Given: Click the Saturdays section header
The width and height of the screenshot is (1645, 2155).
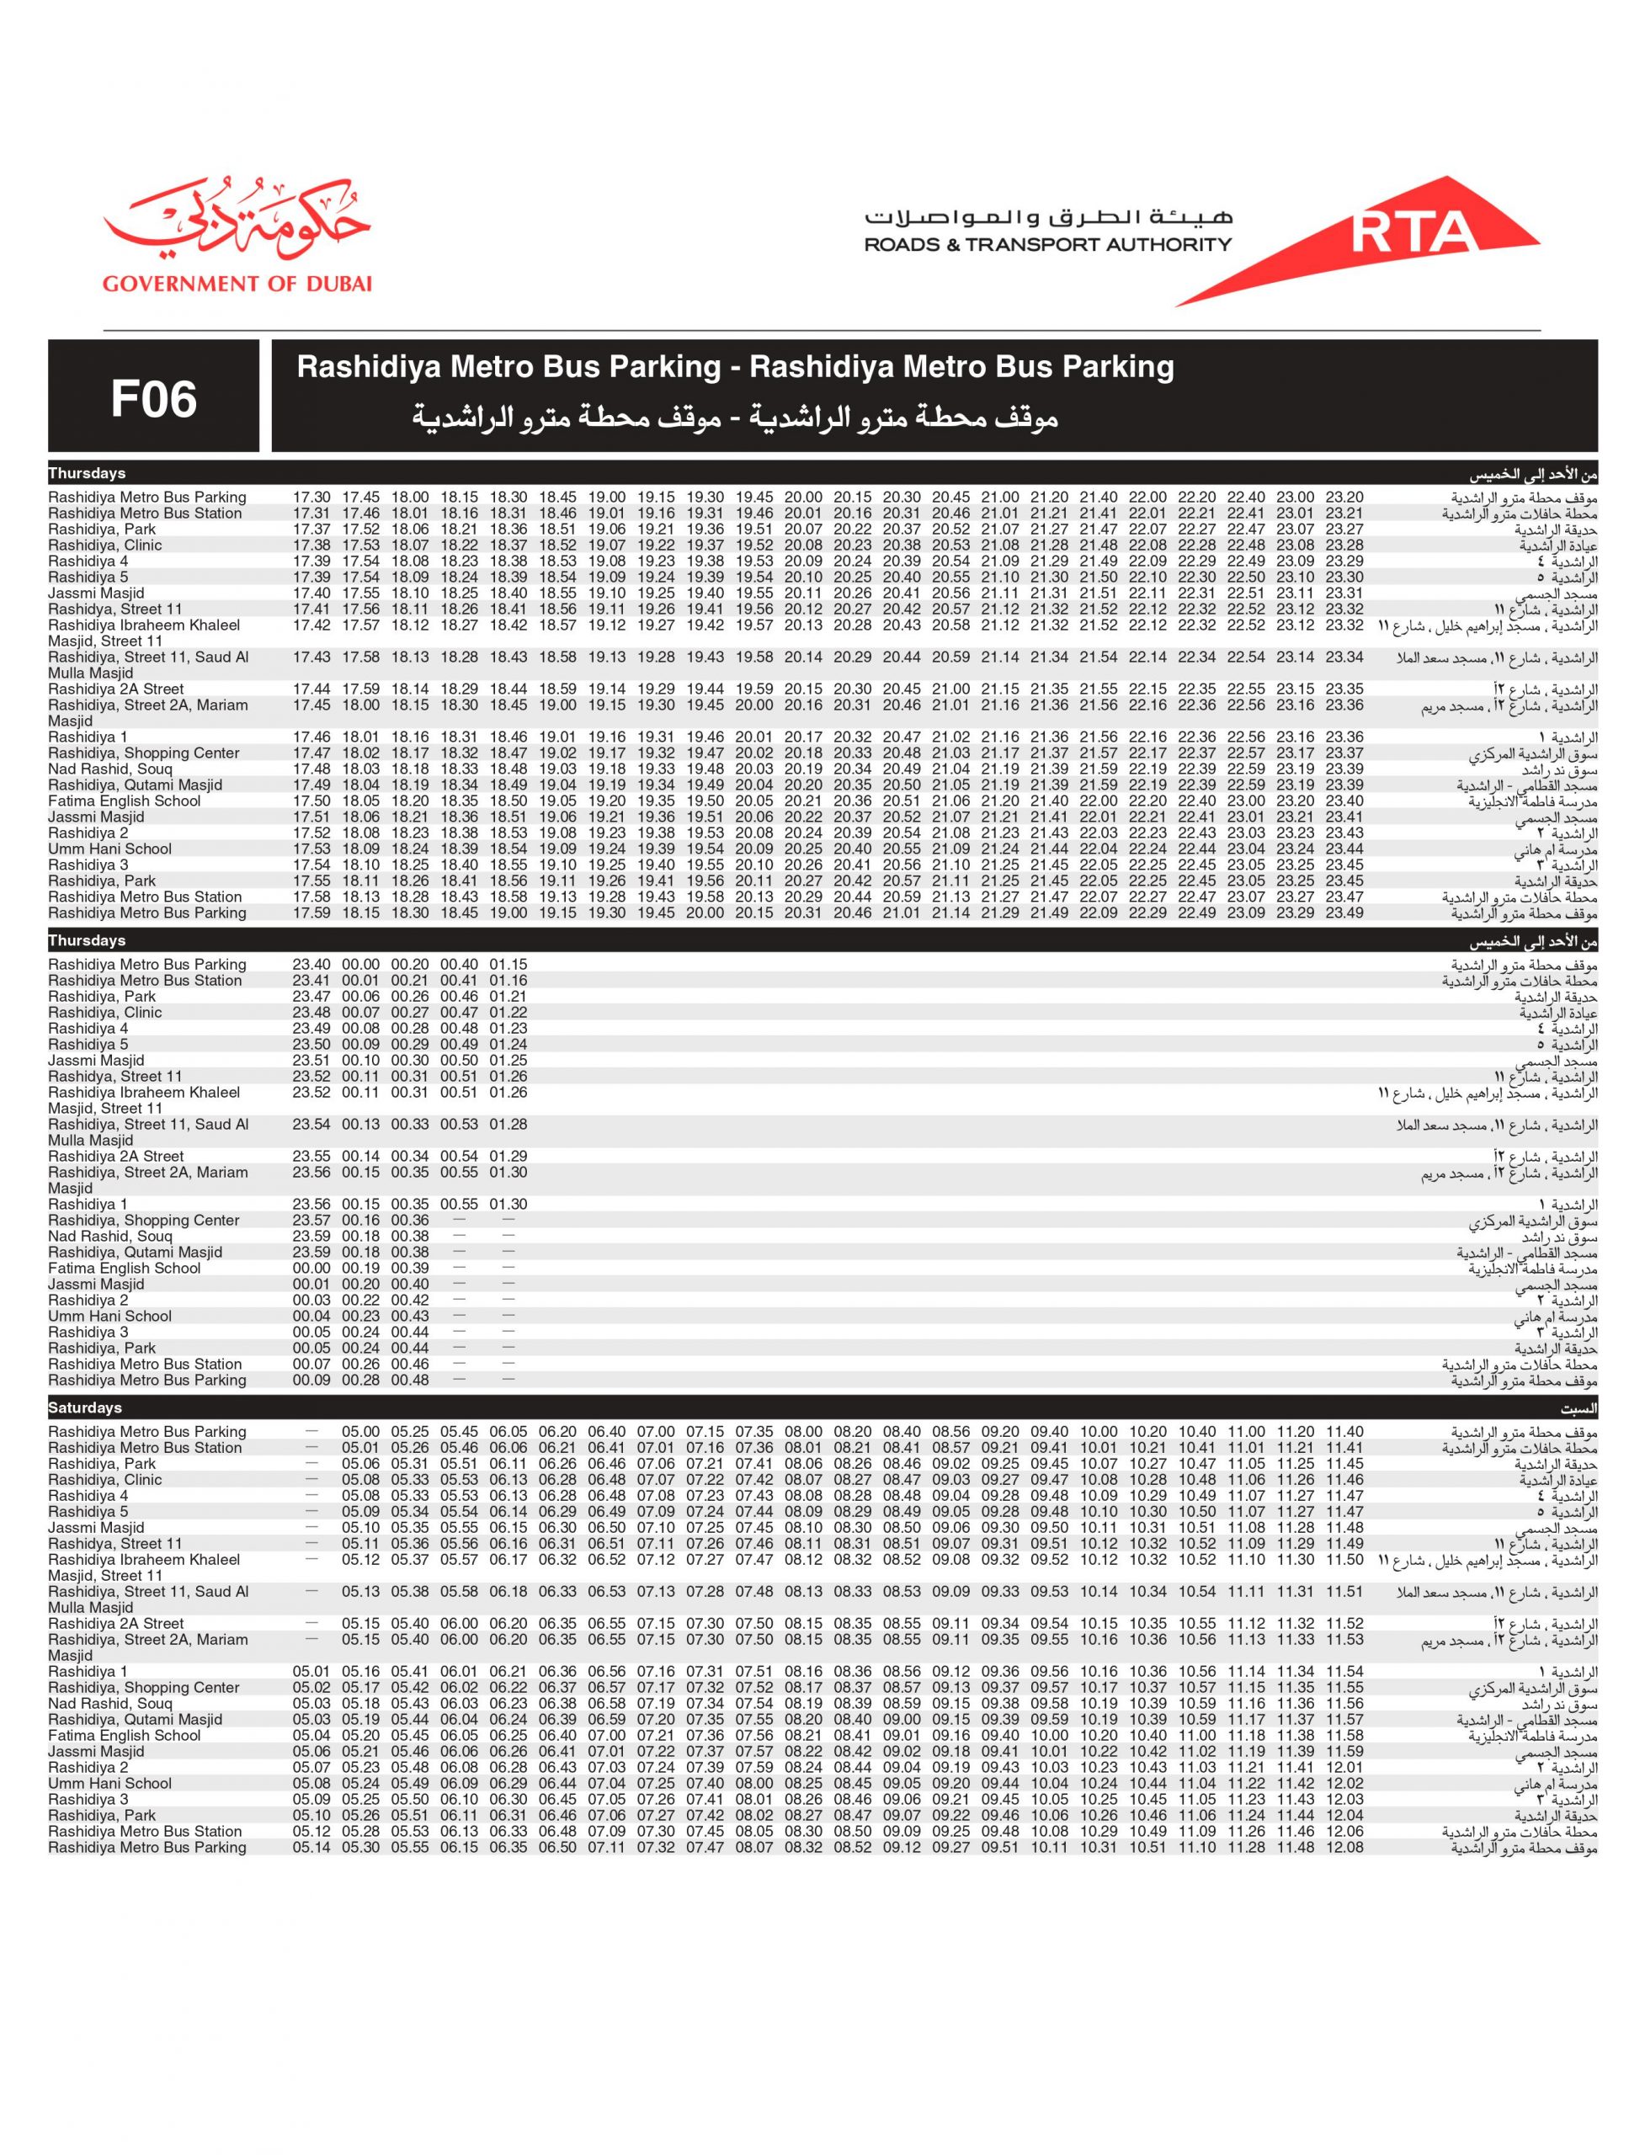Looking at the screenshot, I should coord(85,1408).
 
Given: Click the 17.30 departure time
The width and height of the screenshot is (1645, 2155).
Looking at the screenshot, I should coord(312,498).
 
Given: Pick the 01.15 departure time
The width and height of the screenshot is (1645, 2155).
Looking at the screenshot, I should coord(508,965).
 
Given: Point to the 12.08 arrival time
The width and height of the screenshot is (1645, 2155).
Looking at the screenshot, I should coord(1344,1848).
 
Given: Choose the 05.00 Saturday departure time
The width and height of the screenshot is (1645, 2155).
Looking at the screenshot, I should coord(361,1431).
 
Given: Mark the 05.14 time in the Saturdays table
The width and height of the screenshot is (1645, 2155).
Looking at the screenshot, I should coord(312,1848).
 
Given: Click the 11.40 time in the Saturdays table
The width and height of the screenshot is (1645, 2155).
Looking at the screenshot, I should coord(1344,1431).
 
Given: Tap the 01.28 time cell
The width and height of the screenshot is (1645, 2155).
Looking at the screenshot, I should coord(508,1124).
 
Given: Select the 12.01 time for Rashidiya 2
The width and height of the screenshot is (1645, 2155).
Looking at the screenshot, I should coord(1344,1767).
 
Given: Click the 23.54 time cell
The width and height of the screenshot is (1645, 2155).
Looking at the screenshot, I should coord(312,1124).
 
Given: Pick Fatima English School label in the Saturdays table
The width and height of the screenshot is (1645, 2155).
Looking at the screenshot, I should coord(125,1736).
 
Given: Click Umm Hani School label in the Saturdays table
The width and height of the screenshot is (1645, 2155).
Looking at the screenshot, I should coord(109,1783).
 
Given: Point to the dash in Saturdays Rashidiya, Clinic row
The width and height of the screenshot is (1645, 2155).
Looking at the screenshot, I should coord(312,1479).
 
